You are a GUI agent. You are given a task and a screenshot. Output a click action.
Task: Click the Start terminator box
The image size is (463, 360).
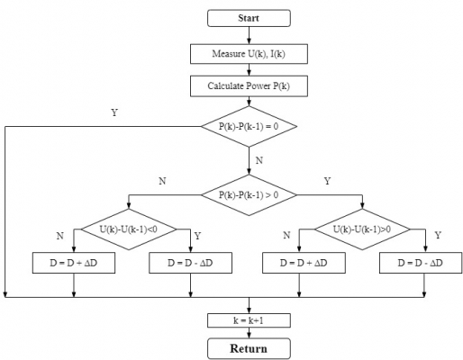pyautogui.click(x=249, y=18)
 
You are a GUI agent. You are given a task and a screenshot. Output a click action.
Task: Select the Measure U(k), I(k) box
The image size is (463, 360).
pyautogui.click(x=249, y=54)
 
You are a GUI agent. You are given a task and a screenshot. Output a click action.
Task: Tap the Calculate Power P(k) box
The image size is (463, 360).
pyautogui.click(x=249, y=86)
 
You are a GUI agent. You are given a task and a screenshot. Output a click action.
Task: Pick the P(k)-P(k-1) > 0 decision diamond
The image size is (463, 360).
pyautogui.click(x=249, y=193)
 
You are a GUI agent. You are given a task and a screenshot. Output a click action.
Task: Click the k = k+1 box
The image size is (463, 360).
pyautogui.click(x=249, y=319)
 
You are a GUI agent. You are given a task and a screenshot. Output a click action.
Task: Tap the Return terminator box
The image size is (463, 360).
pyautogui.click(x=249, y=347)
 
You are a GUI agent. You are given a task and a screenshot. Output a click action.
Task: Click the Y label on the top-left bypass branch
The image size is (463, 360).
pyautogui.click(x=113, y=112)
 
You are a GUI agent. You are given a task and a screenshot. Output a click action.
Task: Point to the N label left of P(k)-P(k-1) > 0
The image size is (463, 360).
pyautogui.click(x=162, y=181)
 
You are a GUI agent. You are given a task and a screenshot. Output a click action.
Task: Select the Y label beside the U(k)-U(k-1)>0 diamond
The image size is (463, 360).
pyautogui.click(x=438, y=235)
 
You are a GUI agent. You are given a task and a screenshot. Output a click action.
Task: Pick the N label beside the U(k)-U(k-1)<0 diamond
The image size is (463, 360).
pyautogui.click(x=59, y=235)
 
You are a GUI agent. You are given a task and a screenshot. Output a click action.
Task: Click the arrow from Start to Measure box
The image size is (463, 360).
pyautogui.click(x=249, y=35)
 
